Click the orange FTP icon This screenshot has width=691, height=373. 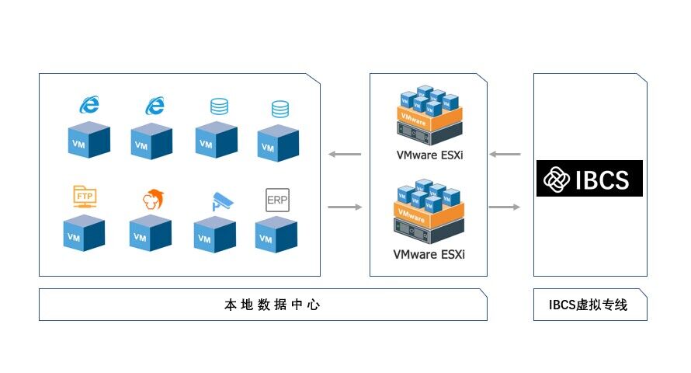pyautogui.click(x=83, y=197)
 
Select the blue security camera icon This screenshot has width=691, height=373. pyautogui.click(x=220, y=200)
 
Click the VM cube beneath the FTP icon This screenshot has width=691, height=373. pyautogui.click(x=83, y=234)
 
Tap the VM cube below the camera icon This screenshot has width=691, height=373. pyautogui.click(x=214, y=235)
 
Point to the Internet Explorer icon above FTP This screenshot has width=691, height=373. pyautogui.click(x=90, y=105)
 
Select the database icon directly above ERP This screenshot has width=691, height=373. pyautogui.click(x=280, y=110)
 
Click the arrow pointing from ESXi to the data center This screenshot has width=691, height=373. pyautogui.click(x=345, y=155)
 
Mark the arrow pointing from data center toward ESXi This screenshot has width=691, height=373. pyautogui.click(x=345, y=207)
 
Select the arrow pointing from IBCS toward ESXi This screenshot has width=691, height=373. pyautogui.click(x=505, y=155)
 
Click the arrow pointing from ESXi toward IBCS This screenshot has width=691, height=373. pyautogui.click(x=505, y=207)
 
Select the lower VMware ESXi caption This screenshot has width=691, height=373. pyautogui.click(x=429, y=254)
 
